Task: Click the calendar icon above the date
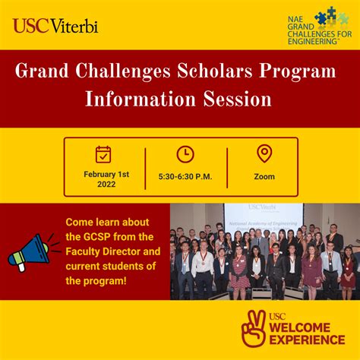tap(104, 154)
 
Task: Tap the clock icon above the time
tap(185, 154)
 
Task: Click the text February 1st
tap(106, 174)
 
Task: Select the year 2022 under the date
tap(106, 185)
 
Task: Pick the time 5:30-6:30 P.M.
tap(185, 176)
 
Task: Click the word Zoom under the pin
tap(264, 176)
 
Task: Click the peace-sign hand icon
tap(254, 324)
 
